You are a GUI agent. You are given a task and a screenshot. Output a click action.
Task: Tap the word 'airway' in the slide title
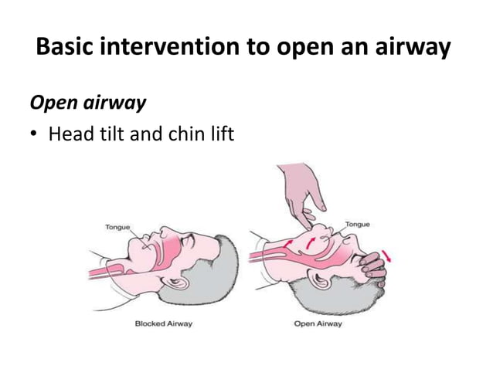coord(413,49)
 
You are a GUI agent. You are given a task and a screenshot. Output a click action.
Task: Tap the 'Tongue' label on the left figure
coord(117,226)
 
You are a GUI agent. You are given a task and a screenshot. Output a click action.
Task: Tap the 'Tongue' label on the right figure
coord(357,223)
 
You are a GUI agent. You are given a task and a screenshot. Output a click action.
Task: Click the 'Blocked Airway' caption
coord(164,323)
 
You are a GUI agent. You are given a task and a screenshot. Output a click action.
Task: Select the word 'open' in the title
coord(316,49)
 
